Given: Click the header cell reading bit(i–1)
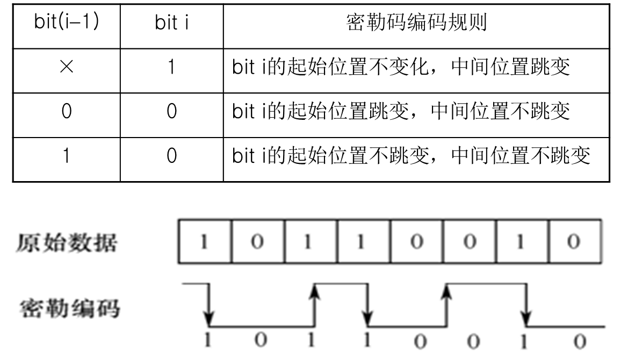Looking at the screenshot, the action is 67,21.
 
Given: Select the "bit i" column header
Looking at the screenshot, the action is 172,22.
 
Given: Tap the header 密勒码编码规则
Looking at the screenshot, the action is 416,22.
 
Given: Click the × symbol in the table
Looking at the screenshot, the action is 67,67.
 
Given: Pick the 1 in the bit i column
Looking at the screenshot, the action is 172,67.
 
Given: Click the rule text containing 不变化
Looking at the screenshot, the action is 401,67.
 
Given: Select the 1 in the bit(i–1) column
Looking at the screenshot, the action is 67,155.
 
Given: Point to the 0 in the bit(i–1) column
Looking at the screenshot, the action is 67,111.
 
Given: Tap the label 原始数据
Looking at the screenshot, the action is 67,243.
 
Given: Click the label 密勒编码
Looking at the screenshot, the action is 70,308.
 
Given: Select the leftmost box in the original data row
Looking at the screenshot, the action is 205,242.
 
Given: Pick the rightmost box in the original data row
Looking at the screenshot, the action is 575,242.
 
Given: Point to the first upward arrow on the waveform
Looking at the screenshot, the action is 315,305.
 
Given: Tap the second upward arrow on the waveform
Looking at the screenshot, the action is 446,305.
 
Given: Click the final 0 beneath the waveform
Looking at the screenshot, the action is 580,342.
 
